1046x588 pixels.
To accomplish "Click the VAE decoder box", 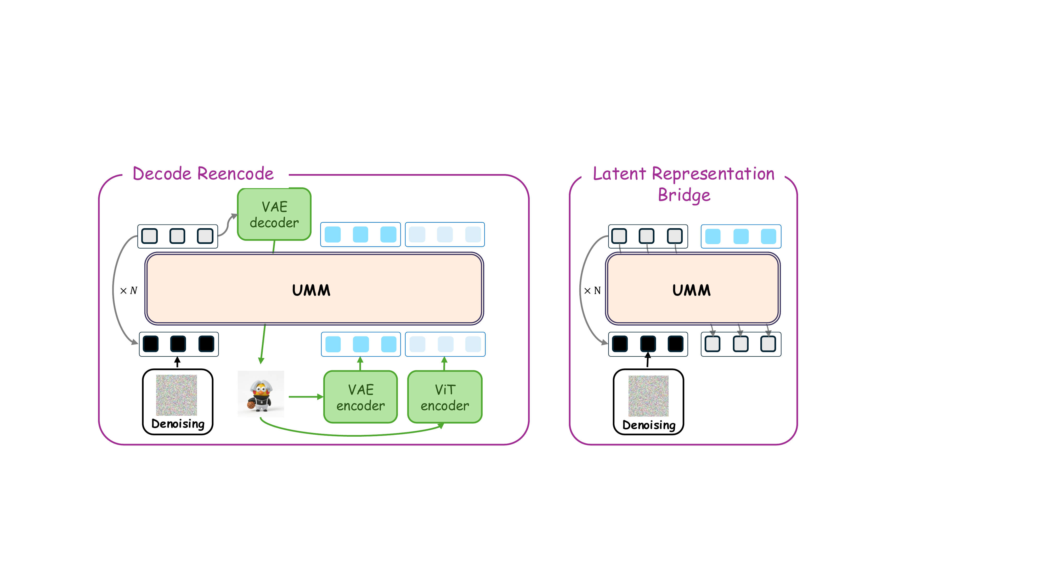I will click(x=274, y=214).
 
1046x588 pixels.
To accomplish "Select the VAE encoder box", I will click(x=360, y=397).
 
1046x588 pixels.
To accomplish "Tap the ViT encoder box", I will click(x=445, y=397).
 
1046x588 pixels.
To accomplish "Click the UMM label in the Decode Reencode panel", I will click(x=311, y=290).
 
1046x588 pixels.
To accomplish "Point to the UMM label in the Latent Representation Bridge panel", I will click(x=692, y=290).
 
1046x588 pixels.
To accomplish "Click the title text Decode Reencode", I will click(x=203, y=174).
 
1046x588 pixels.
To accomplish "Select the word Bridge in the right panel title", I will click(x=684, y=195).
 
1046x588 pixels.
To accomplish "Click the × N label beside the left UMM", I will click(x=129, y=291).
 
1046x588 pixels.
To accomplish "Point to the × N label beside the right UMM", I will click(x=592, y=291).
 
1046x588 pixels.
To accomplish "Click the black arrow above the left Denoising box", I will click(x=177, y=362).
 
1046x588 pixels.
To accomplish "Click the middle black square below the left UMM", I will click(x=178, y=344).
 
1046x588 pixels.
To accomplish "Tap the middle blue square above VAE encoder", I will click(x=361, y=344).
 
